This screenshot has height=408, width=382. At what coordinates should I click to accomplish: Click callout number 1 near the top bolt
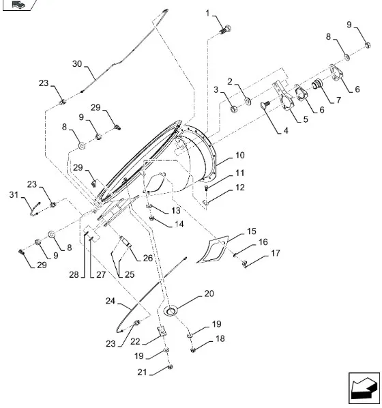coord(207,13)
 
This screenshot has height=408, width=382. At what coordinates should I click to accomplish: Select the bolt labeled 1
coord(225,29)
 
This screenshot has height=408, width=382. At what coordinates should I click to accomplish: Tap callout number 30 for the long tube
coord(77,63)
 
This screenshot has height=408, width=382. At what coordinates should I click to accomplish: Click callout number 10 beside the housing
coord(240,156)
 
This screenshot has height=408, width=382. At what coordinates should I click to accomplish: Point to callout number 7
coord(338,100)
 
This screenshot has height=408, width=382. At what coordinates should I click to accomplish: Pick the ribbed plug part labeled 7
coord(317,84)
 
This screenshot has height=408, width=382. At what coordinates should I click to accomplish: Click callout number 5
coord(306,119)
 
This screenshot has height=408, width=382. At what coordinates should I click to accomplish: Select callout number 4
coord(286,130)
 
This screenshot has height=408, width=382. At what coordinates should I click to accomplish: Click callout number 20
coord(209,293)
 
